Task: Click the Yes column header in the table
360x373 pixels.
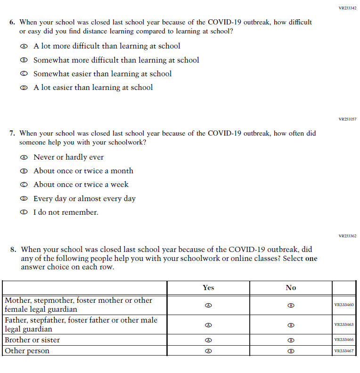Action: [208, 288]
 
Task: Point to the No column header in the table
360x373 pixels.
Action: [291, 288]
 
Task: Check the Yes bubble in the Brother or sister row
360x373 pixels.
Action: [208, 340]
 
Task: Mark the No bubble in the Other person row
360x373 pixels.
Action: [291, 351]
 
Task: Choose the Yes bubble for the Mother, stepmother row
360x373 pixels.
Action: [208, 305]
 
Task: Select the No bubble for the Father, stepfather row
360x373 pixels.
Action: [291, 325]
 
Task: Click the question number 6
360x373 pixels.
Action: [12, 22]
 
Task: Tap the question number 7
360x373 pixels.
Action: [12, 133]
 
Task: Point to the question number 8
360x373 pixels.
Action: [13, 250]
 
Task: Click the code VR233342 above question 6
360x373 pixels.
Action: [347, 8]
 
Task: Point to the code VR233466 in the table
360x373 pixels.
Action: [344, 340]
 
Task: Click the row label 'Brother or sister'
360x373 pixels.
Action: [32, 340]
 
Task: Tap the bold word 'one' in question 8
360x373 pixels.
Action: [311, 259]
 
